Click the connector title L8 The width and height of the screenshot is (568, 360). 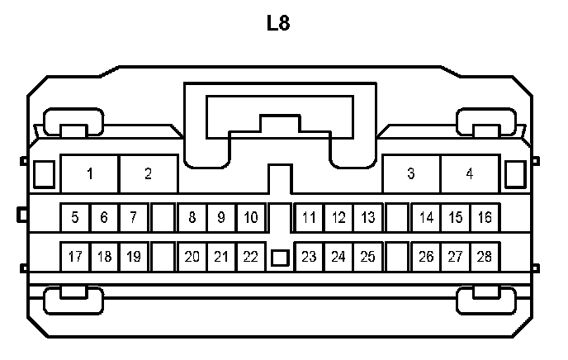pos(278,22)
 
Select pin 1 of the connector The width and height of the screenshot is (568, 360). pos(90,173)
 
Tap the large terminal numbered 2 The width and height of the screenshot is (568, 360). pos(149,173)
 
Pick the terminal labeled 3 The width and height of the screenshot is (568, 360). pos(411,173)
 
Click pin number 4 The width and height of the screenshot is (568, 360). pos(470,173)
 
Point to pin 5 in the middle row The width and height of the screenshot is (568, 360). pos(75,218)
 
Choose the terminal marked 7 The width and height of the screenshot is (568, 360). pos(134,218)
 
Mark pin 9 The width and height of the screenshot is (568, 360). pos(221,218)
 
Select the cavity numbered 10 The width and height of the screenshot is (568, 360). pos(251,218)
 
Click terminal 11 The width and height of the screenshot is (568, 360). pos(310,218)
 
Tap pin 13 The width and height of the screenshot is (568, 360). pos(368,218)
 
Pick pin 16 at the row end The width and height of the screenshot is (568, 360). pos(485,218)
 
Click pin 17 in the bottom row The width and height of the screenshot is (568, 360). pos(75,257)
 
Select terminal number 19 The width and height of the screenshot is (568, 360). pos(134,257)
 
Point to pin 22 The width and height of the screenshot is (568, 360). pos(251,257)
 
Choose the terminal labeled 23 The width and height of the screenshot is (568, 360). pos(310,257)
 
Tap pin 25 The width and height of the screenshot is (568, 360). pos(368,257)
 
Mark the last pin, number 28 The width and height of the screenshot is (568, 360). pos(485,257)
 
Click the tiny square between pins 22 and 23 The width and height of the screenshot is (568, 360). pos(280,258)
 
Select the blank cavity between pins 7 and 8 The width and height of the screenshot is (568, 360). pos(163,218)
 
